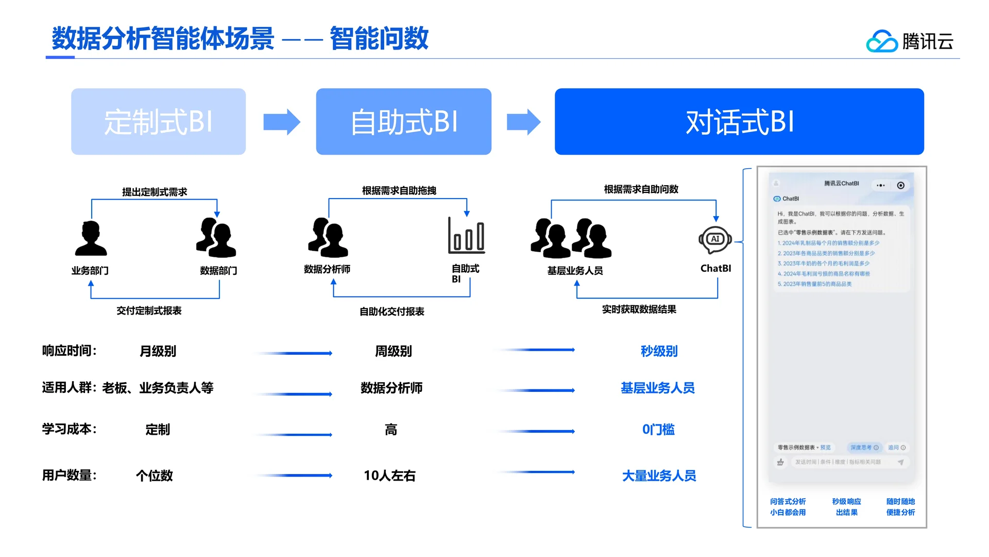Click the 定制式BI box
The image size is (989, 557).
(158, 122)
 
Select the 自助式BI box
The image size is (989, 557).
(403, 122)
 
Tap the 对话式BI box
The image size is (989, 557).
(739, 122)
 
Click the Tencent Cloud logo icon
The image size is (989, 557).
(881, 41)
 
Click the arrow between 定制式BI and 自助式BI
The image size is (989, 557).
(281, 122)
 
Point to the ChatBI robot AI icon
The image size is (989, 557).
(715, 240)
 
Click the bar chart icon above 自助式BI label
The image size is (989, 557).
(466, 236)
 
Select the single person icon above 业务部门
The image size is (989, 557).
(91, 238)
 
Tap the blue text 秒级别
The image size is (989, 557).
(659, 351)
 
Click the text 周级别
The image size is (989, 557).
(393, 351)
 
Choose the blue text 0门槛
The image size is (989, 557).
(658, 429)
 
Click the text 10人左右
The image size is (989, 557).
(389, 476)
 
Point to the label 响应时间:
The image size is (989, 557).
(70, 351)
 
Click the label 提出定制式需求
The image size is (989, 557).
(155, 192)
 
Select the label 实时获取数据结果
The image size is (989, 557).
(639, 309)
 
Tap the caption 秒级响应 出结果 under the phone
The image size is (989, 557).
(846, 506)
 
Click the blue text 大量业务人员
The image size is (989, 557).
(659, 476)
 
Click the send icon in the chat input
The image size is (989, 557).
(900, 462)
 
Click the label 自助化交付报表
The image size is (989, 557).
(391, 312)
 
